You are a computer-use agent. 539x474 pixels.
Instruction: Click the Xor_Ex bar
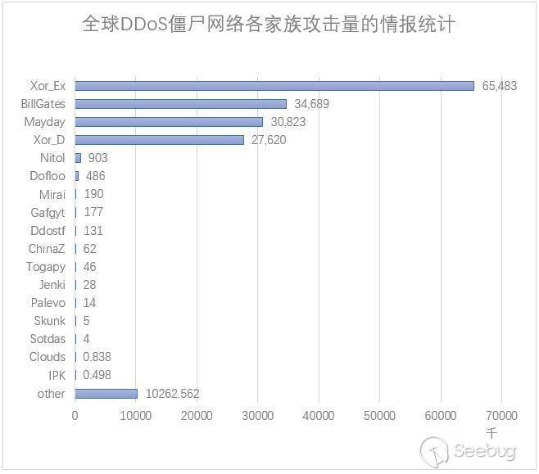[x=274, y=86]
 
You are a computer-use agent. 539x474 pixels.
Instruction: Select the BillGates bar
[x=181, y=104]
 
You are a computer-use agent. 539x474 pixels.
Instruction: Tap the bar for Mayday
[x=169, y=122]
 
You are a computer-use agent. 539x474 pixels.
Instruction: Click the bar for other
[x=106, y=394]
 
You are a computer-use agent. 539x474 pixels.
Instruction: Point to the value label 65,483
[x=500, y=86]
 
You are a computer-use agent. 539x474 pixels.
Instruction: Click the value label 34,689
[x=311, y=104]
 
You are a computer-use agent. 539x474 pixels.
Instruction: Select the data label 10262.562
[x=172, y=394]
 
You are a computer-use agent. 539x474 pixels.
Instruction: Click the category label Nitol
[x=52, y=158]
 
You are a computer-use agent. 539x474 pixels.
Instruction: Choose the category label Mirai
[x=52, y=194]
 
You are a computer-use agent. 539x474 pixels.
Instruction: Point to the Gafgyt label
[x=48, y=213]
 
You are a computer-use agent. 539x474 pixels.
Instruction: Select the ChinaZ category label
[x=47, y=249]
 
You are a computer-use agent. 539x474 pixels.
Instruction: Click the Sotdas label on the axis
[x=48, y=339]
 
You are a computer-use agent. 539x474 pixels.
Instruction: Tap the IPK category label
[x=56, y=375]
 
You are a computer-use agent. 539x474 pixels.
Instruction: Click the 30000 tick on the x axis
[x=258, y=416]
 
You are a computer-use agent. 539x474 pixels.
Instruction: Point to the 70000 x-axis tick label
[x=501, y=416]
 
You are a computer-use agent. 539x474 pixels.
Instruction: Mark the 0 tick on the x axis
[x=75, y=416]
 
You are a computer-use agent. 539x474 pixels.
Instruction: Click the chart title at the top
[x=269, y=24]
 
